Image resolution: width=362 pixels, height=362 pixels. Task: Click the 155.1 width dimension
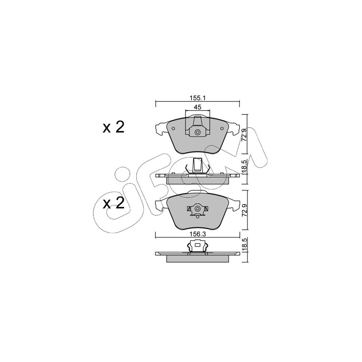[198, 98]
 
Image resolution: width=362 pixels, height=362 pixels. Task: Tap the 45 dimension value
[198, 107]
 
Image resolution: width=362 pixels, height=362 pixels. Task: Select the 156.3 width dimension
[198, 234]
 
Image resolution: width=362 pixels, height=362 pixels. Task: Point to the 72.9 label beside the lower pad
[244, 210]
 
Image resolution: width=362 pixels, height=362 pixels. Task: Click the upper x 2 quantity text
[114, 127]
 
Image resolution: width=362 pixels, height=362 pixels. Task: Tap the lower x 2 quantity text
[114, 203]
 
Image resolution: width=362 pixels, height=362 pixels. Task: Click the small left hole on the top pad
[173, 129]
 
